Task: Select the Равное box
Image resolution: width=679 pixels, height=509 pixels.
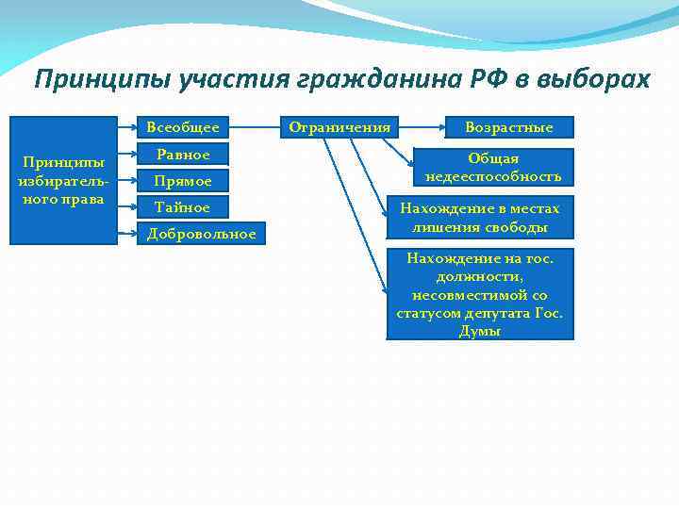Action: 183,154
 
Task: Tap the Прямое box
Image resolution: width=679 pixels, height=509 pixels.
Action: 183,180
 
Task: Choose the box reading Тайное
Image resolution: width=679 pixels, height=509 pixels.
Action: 183,206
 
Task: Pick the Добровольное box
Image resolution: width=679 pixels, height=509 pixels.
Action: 202,233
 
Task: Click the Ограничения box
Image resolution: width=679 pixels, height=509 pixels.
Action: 339,126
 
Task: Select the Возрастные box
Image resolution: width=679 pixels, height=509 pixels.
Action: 509,126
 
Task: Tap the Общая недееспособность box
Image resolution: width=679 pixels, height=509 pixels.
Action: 493,168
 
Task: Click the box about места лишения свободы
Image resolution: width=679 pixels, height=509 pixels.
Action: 480,218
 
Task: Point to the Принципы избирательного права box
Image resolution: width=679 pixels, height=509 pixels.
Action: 63,180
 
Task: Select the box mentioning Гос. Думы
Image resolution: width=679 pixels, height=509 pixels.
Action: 480,294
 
